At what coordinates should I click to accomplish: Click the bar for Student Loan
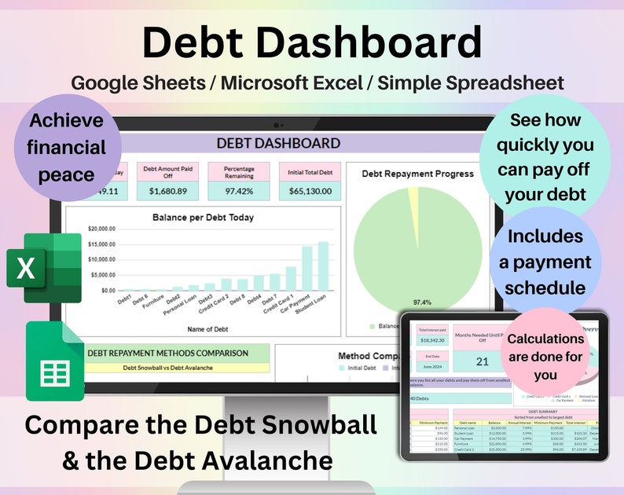coord(323,266)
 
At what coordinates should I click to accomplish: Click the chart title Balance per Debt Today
coord(203,217)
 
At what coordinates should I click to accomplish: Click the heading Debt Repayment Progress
coord(417,174)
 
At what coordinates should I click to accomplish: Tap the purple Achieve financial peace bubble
coord(66,147)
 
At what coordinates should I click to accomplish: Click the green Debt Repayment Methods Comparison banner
coord(167,354)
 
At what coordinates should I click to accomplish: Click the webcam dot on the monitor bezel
coord(277,125)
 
